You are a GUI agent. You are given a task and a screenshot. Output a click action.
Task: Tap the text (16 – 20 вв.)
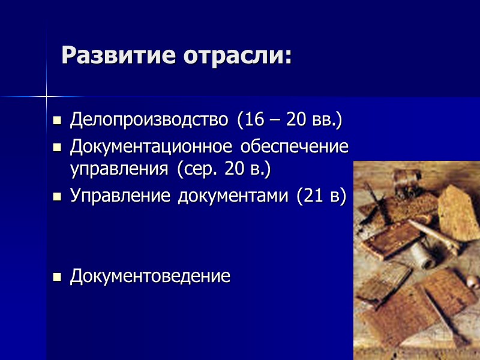point(289,120)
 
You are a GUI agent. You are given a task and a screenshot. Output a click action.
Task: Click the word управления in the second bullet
point(119,169)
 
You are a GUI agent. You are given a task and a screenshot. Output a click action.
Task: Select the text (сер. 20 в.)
point(224,169)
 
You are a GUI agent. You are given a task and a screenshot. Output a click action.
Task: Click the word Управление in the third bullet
point(121,196)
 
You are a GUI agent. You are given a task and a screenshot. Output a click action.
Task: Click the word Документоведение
point(150,277)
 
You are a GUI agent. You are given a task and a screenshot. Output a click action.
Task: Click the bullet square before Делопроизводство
point(58,122)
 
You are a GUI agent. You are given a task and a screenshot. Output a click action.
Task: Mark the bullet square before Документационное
point(58,148)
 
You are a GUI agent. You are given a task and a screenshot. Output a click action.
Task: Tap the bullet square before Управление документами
point(58,197)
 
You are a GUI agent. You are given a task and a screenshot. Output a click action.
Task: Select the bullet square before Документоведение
point(58,278)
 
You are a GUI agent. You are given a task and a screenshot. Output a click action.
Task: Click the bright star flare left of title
point(46,96)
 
